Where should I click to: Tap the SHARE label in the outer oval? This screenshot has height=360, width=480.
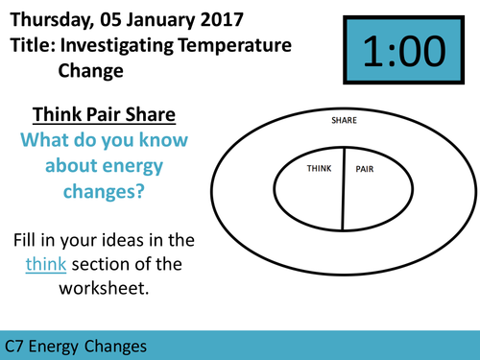[x=343, y=121]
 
